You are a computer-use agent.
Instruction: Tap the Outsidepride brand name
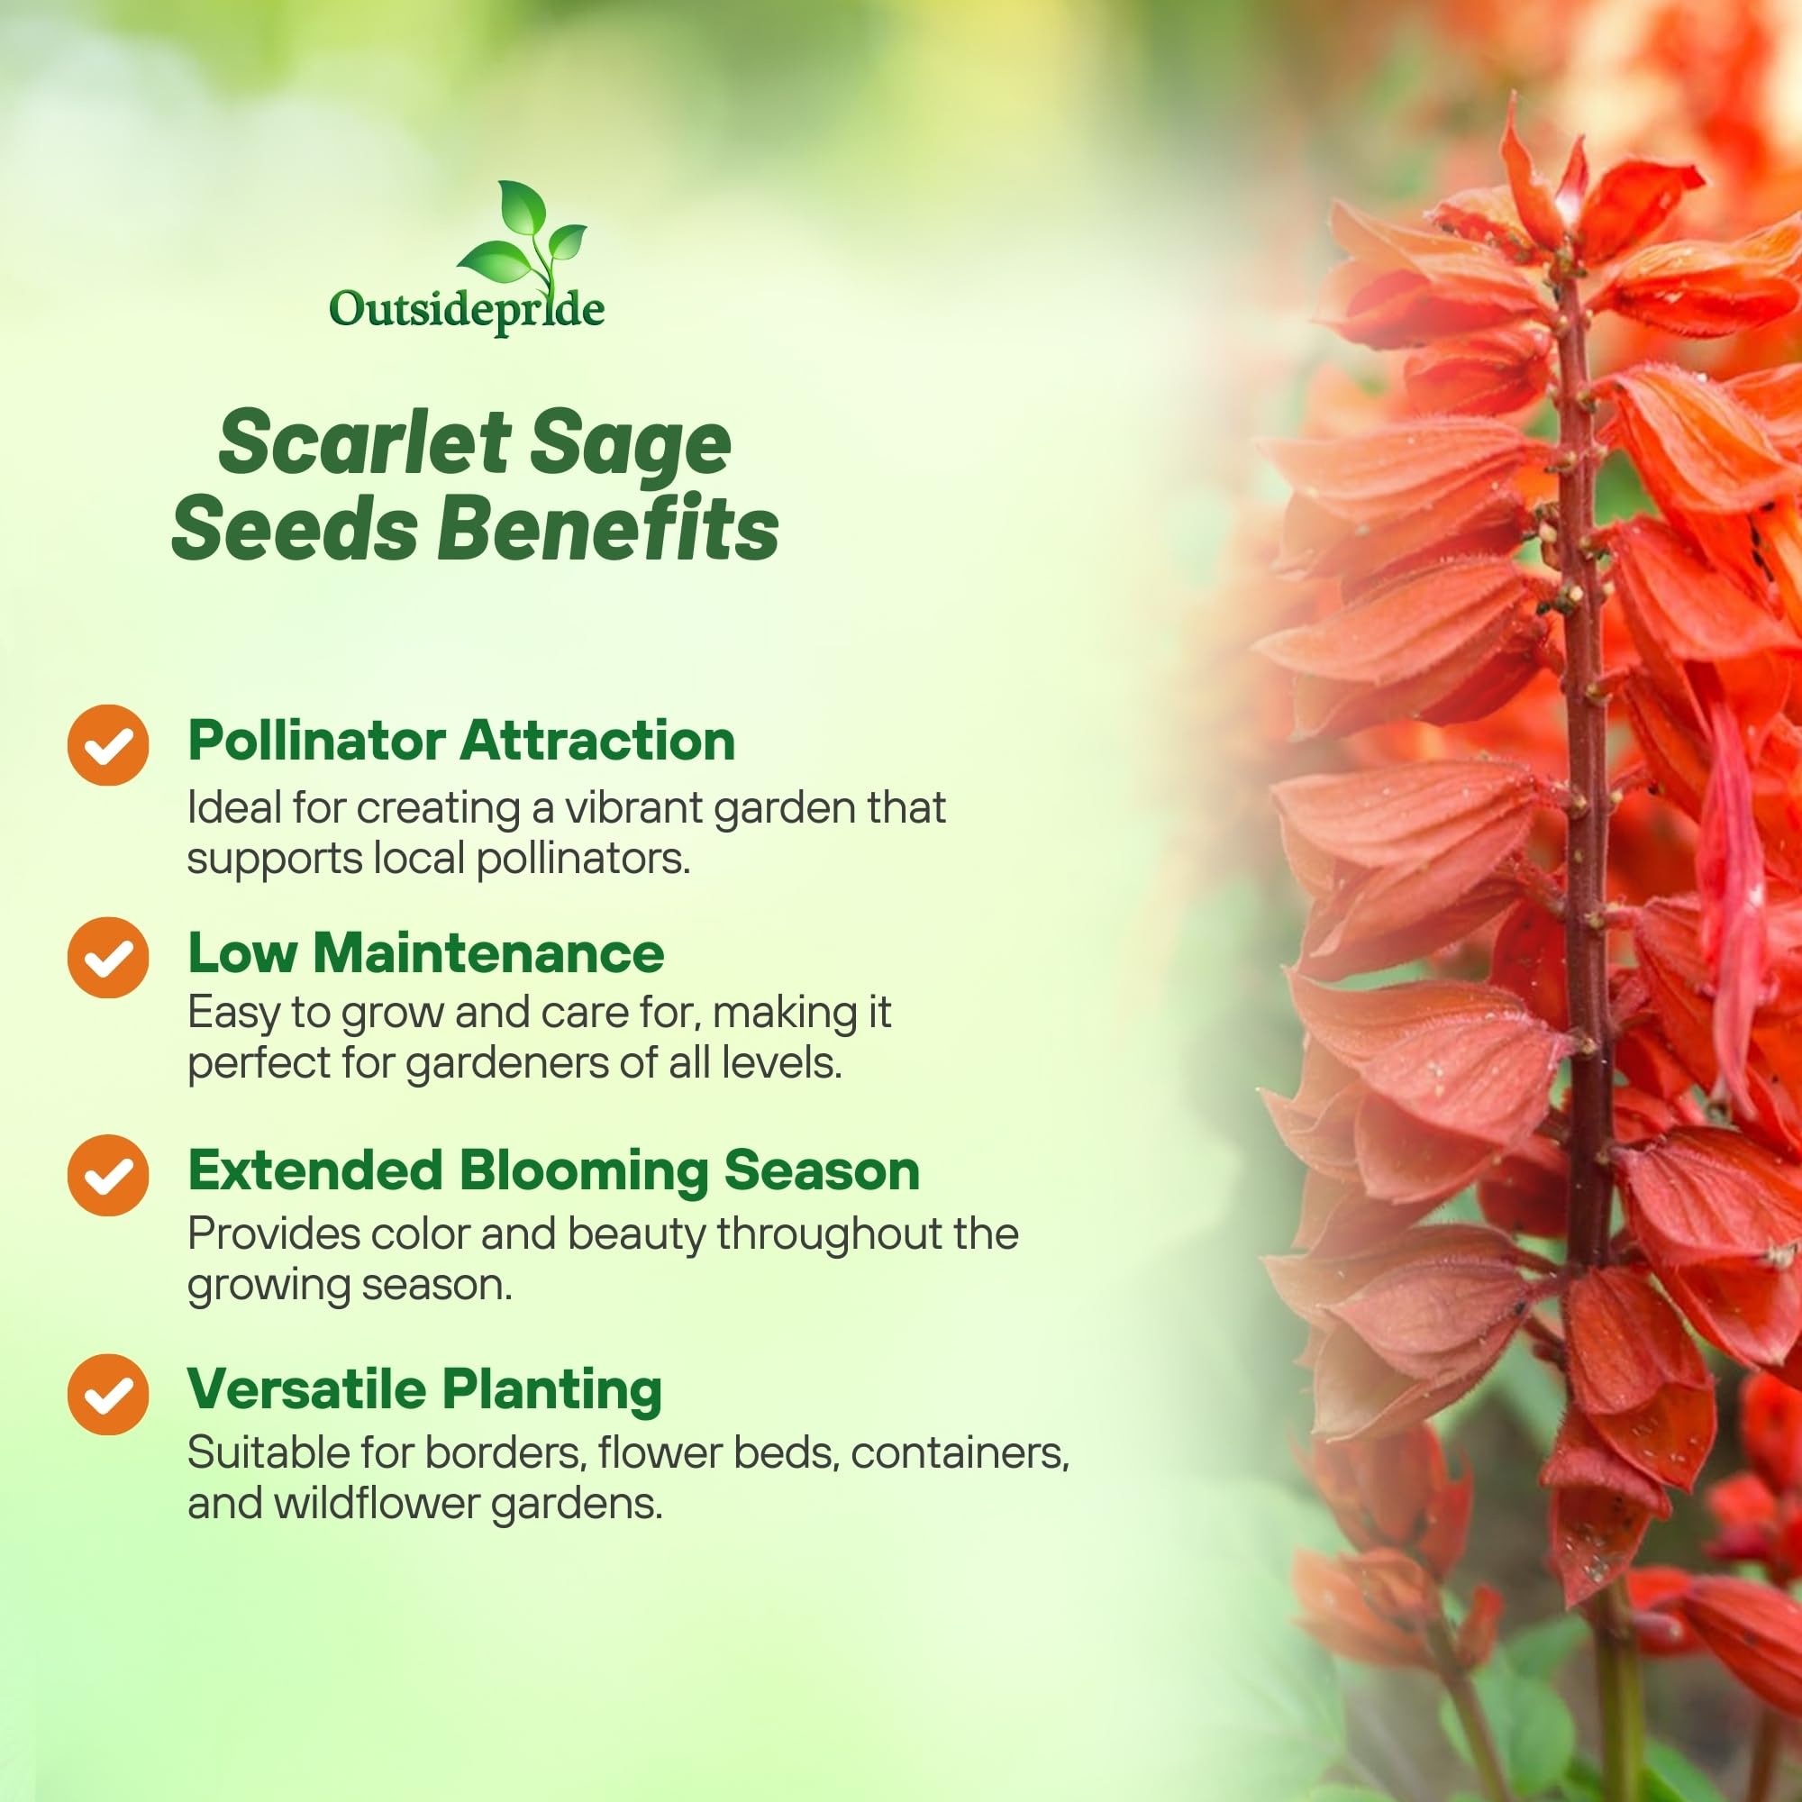[x=467, y=310]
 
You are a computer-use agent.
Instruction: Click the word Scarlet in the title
[x=365, y=442]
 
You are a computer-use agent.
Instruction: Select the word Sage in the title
[x=631, y=446]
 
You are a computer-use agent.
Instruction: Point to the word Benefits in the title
[x=608, y=529]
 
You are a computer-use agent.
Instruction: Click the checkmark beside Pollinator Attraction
[x=108, y=744]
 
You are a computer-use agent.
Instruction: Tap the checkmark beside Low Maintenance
[x=108, y=957]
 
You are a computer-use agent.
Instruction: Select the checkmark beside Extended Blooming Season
[x=108, y=1175]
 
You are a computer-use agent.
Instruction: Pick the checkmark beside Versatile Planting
[x=108, y=1395]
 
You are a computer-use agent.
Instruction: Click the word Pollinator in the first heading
[x=316, y=742]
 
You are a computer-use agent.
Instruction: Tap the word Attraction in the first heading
[x=597, y=742]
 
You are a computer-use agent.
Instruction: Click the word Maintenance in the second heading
[x=488, y=953]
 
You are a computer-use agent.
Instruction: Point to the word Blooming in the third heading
[x=583, y=1171]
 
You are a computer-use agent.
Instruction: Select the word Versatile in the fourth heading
[x=307, y=1388]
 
